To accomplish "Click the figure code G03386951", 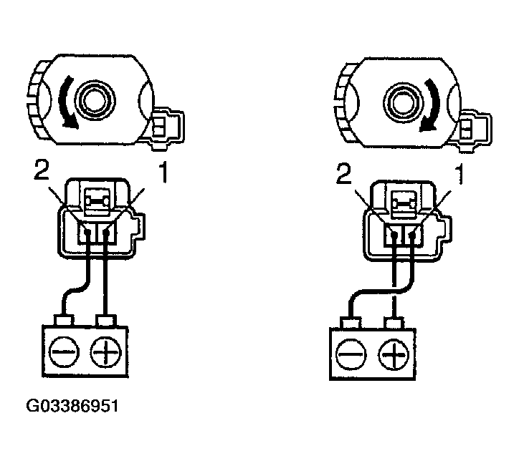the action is [72, 406].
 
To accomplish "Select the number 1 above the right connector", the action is [459, 175].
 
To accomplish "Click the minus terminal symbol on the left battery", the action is [64, 351].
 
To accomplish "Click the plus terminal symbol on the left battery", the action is [106, 351].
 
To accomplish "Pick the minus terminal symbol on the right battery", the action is [351, 354].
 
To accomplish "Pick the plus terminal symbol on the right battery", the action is [394, 355].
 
